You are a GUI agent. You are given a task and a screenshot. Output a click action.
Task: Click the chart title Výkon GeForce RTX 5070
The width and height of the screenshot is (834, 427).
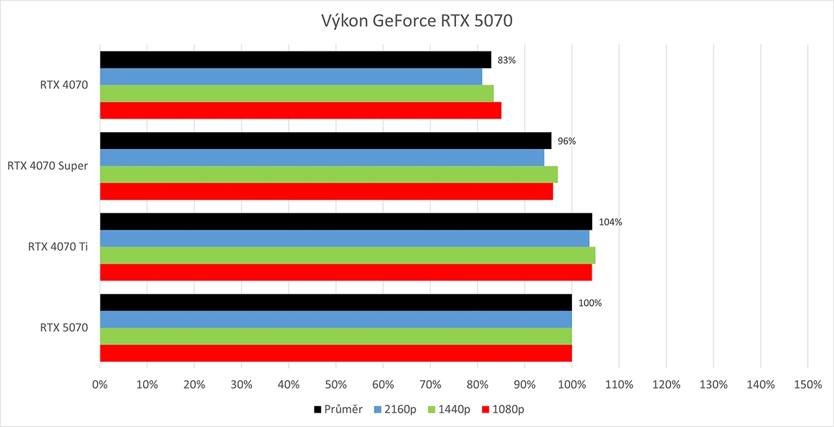[417, 21]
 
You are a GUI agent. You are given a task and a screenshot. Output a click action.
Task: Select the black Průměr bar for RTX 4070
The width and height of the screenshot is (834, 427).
[295, 60]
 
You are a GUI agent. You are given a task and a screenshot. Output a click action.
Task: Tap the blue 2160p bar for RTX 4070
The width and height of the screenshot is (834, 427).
[291, 77]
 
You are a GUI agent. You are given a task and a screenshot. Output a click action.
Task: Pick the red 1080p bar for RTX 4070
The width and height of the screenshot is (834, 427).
[300, 111]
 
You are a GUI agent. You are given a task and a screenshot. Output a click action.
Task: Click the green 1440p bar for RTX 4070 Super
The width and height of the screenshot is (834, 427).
[328, 174]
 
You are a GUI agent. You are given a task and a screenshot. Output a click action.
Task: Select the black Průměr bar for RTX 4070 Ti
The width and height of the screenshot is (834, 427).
[346, 221]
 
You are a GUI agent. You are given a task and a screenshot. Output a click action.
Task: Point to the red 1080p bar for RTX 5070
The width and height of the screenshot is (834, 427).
[336, 353]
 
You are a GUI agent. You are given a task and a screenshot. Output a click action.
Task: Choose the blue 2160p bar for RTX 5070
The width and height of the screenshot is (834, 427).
[336, 320]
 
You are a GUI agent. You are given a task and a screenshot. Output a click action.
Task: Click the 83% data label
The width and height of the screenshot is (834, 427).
[506, 60]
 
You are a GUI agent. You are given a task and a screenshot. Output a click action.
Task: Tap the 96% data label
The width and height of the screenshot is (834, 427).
[566, 141]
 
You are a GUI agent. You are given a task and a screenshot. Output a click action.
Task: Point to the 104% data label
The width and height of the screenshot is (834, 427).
[610, 222]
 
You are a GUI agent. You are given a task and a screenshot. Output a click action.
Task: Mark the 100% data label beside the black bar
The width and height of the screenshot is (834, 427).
[590, 303]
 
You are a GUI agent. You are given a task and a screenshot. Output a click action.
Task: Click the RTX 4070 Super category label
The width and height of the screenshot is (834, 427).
[48, 166]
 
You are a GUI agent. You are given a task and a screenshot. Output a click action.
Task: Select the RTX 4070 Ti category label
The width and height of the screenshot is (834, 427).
[57, 247]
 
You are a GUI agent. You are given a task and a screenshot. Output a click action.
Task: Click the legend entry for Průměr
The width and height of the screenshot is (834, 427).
[338, 409]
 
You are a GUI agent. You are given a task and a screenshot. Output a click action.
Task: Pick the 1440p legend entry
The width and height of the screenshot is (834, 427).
[449, 409]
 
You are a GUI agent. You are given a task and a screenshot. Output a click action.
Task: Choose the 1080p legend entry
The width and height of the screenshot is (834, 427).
[504, 409]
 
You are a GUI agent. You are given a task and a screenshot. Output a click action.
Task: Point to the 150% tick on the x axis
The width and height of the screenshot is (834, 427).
[807, 385]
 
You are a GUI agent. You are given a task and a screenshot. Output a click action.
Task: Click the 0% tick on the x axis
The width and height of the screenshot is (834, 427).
[100, 385]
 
